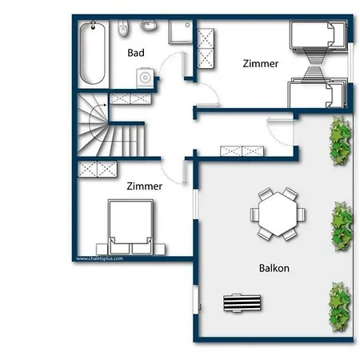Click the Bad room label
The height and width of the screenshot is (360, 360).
pos(136,53)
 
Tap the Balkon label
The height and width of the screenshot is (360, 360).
pos(274,268)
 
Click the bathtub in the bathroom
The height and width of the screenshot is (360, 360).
pos(93,54)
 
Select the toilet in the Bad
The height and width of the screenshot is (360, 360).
pos(123,28)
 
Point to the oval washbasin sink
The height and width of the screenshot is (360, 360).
pos(149,26)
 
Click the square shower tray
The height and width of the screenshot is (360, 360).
pos(181,32)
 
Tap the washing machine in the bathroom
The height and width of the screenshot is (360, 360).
pos(146,78)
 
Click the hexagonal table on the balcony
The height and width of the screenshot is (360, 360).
pos(278,214)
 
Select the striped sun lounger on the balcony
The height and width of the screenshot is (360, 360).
pos(242,303)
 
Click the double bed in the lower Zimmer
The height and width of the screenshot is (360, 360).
pos(130,226)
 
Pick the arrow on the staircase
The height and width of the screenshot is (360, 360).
pos(98,106)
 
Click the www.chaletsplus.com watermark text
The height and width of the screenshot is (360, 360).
pos(99,258)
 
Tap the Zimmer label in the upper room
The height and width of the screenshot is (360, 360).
pos(261,63)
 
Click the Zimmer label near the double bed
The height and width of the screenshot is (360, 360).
pos(144,186)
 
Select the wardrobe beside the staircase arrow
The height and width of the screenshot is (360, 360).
pos(130,98)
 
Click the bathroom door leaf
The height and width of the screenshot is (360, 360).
pos(184,65)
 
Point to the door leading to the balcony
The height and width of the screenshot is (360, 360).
pos(280,121)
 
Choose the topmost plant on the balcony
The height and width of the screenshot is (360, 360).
pos(340,141)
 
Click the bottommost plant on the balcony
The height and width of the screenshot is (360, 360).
pos(339,307)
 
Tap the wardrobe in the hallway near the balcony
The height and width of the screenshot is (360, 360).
pos(242,151)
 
